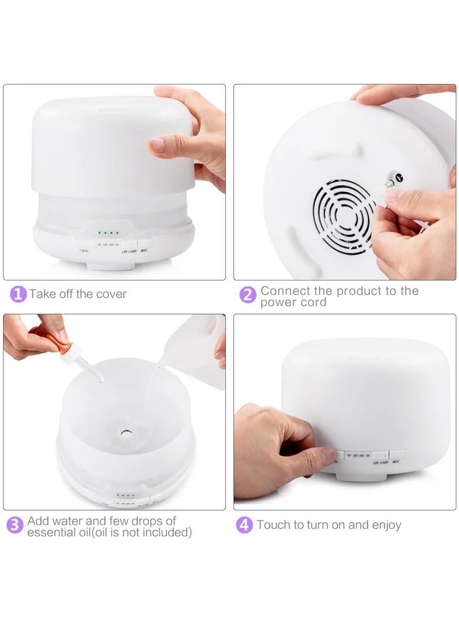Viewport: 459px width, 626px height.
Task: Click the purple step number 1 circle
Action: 18,294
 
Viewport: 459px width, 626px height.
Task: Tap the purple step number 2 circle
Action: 248,294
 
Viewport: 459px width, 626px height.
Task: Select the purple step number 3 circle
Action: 15,525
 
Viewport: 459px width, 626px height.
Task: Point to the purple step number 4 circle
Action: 245,524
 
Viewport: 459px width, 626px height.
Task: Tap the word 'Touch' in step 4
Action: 273,525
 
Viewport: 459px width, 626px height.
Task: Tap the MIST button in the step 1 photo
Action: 144,249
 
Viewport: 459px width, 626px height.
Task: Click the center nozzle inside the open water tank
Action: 126,432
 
